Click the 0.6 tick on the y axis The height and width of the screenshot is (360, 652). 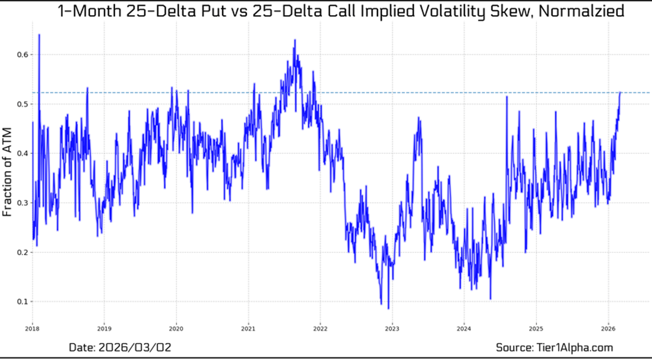pyautogui.click(x=21, y=55)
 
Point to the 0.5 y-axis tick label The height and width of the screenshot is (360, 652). pyautogui.click(x=21, y=104)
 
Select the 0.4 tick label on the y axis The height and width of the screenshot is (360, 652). pyautogui.click(x=21, y=154)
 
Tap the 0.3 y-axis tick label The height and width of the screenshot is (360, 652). pyautogui.click(x=21, y=203)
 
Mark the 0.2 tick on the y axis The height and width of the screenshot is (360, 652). pyautogui.click(x=21, y=252)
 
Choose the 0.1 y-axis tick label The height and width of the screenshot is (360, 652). pyautogui.click(x=21, y=302)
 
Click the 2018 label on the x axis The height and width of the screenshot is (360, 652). pyautogui.click(x=33, y=329)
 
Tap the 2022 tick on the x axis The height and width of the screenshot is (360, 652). pyautogui.click(x=320, y=329)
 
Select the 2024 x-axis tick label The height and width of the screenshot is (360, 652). pyautogui.click(x=463, y=329)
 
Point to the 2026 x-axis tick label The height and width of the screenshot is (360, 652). pyautogui.click(x=607, y=329)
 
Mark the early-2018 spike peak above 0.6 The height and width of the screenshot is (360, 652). pyautogui.click(x=39, y=35)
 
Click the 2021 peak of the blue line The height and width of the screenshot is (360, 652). pyautogui.click(x=294, y=40)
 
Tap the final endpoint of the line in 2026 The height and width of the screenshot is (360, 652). pyautogui.click(x=620, y=92)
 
